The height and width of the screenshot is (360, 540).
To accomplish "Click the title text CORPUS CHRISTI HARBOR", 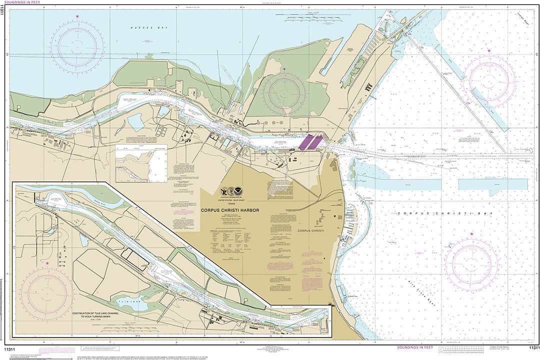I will point(230,210).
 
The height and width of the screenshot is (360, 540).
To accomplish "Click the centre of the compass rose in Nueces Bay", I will point(77,47).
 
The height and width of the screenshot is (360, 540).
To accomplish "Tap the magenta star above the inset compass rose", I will point(47,263).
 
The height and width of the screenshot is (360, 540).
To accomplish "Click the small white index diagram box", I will point(141,163).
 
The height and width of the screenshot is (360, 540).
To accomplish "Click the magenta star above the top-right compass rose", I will point(489,50).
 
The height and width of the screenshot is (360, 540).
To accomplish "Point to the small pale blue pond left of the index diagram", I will point(135,121).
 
